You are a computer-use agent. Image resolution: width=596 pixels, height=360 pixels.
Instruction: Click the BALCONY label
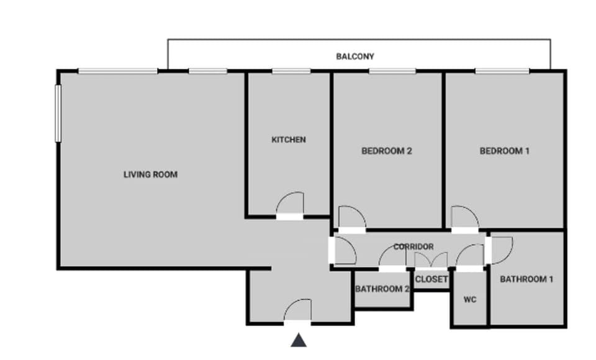(355, 56)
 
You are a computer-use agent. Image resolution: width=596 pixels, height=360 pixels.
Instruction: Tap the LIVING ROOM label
(150, 174)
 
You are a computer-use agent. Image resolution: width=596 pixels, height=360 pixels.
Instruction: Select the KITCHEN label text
(289, 140)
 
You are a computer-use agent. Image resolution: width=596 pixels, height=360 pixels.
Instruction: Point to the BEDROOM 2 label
(387, 151)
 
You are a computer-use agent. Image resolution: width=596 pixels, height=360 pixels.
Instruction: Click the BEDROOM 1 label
(504, 151)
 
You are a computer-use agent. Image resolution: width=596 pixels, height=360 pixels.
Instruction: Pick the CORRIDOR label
(413, 246)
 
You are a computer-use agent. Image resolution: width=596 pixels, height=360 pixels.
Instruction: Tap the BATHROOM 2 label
(382, 289)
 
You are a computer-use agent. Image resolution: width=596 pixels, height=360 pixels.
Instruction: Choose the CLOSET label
(431, 279)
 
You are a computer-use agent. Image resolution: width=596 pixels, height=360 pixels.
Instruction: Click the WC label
(470, 300)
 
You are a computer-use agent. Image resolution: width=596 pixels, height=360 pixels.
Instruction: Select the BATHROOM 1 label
(526, 279)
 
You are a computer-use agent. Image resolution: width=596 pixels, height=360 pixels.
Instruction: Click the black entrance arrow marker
(299, 340)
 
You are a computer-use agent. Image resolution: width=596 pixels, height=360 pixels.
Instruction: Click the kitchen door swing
(290, 205)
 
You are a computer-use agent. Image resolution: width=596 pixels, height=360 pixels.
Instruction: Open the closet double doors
(431, 261)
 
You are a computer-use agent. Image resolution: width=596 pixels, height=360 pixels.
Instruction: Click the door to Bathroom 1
(500, 248)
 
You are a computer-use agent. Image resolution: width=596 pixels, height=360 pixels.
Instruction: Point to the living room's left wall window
(58, 113)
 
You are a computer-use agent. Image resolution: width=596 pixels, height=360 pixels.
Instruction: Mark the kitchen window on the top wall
(291, 71)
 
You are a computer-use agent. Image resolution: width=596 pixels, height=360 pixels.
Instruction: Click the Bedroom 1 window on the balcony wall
(502, 71)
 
